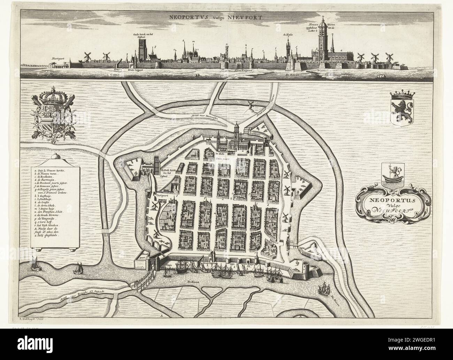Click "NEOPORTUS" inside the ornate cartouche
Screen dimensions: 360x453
pyautogui.click(x=384, y=201)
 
